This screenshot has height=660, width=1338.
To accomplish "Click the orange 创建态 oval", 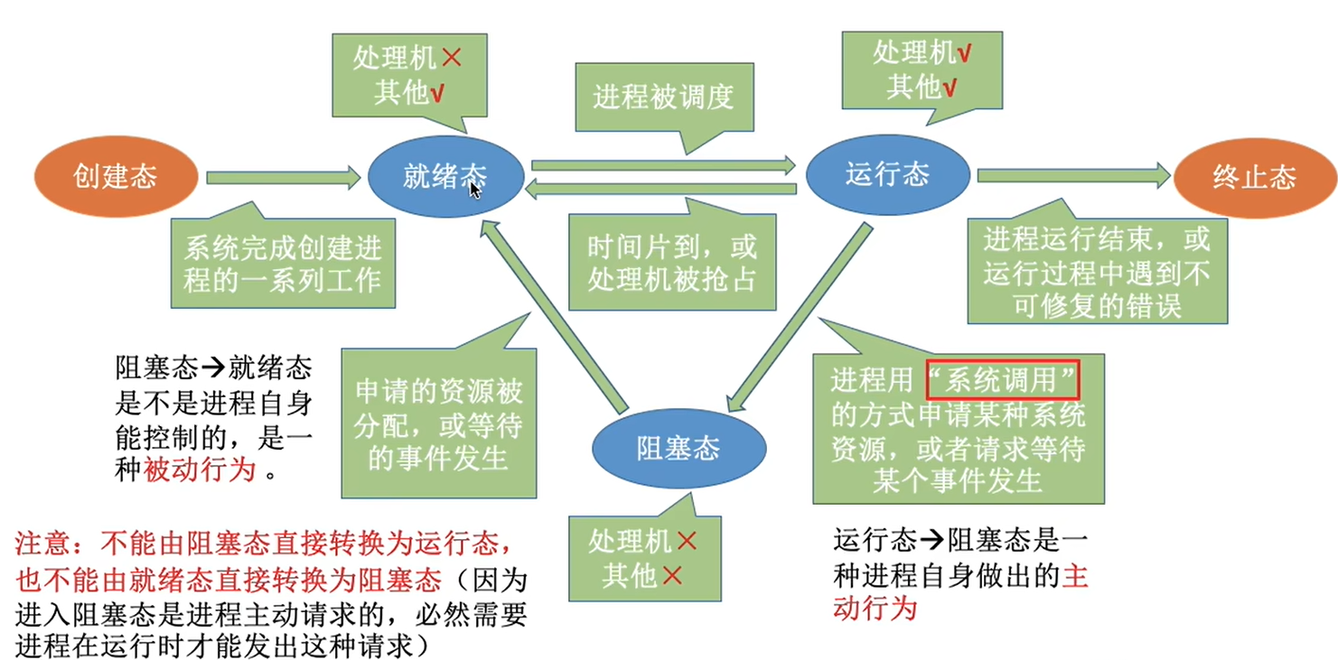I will click(x=115, y=177).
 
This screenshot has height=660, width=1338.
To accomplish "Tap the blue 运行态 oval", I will click(x=887, y=175).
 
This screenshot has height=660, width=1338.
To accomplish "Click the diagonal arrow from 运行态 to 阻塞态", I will click(x=800, y=316).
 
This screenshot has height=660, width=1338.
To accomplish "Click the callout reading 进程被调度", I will click(x=663, y=98).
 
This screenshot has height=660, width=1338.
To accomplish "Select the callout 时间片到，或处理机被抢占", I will click(x=672, y=262).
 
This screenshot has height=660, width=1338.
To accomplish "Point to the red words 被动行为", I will click(x=200, y=469).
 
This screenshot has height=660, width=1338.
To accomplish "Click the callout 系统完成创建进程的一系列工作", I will click(x=283, y=263).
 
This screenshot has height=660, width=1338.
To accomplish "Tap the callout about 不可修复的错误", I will click(x=1097, y=272).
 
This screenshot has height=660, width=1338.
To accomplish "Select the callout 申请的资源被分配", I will click(x=439, y=424).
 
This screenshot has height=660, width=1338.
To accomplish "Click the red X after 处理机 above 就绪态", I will click(x=451, y=60).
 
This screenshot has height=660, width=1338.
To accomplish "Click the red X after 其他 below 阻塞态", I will click(x=671, y=575).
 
